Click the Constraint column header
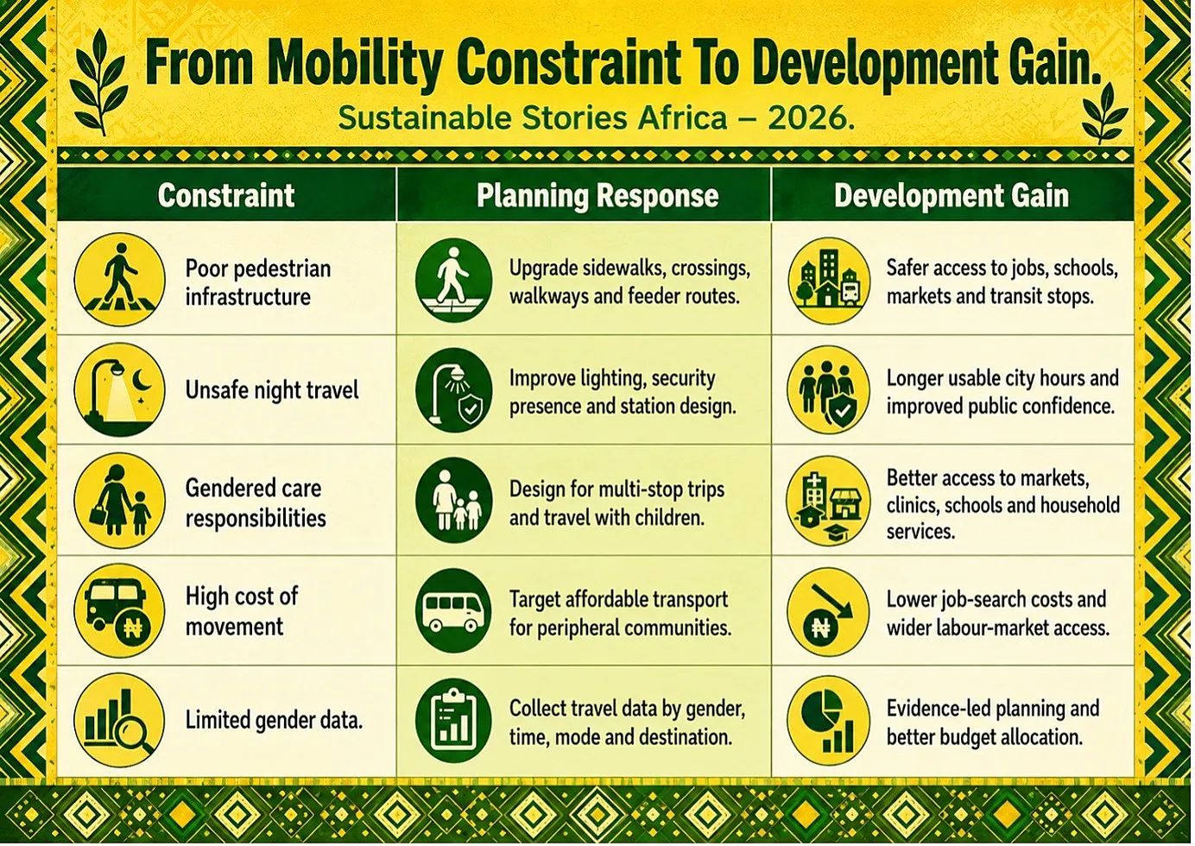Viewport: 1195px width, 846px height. coord(225,195)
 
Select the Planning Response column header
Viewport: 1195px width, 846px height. coord(597,196)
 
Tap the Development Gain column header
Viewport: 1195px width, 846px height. coord(952,195)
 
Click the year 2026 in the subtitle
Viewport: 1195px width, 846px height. coord(811,118)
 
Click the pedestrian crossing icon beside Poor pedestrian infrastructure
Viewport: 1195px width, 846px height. coord(119,279)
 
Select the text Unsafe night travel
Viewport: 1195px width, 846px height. coord(272,390)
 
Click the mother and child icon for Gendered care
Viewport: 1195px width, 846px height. coord(119,500)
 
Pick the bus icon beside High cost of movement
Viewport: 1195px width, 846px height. coord(119,611)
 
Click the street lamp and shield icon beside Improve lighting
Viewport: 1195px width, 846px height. coord(453,390)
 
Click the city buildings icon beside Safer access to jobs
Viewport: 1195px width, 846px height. coord(829,281)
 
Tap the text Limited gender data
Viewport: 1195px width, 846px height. coord(274,721)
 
